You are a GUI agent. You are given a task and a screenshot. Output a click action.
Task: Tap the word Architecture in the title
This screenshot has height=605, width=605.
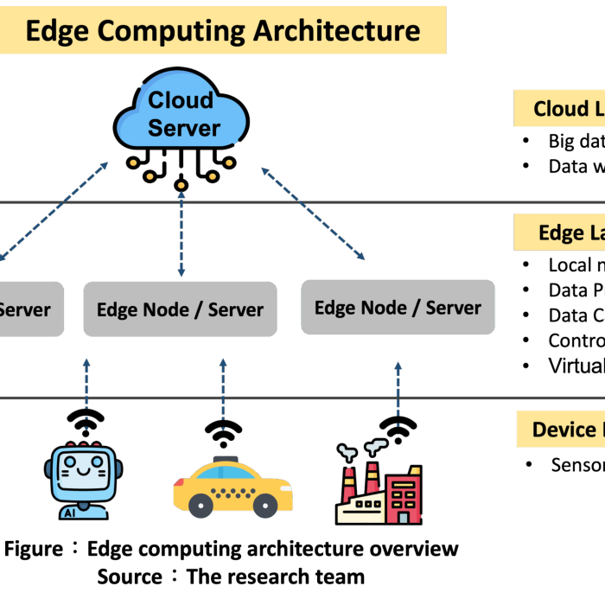click(337, 31)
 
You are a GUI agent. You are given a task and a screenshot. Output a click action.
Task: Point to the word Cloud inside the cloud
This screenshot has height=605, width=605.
click(181, 100)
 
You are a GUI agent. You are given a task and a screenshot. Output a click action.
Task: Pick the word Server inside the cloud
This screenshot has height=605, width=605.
click(184, 129)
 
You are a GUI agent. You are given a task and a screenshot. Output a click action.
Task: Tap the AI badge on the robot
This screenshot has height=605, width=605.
click(69, 512)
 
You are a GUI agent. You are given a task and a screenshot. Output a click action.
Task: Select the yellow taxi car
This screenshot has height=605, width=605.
click(232, 487)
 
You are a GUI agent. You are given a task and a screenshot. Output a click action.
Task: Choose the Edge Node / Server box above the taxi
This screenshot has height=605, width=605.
click(180, 309)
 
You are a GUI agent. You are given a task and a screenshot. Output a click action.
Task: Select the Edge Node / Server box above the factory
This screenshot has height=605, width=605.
click(398, 308)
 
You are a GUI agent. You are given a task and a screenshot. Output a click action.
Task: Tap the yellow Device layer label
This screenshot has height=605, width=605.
click(562, 430)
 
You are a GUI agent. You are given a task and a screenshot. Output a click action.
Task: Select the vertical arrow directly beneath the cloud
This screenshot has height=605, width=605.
click(181, 233)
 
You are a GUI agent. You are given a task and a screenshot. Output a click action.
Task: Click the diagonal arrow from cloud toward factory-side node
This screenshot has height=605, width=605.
click(313, 213)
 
